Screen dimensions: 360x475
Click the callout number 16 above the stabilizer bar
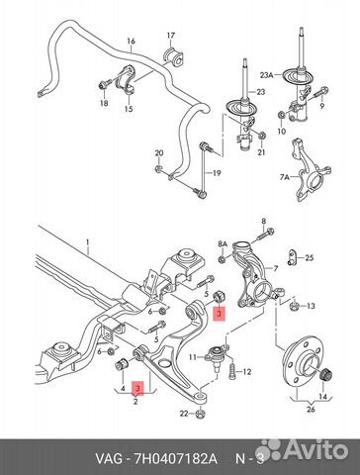coord(131,42)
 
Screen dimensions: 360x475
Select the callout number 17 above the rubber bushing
coord(171,36)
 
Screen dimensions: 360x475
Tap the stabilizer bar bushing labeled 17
coord(174,56)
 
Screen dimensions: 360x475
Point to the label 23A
coord(266,75)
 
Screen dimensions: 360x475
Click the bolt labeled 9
coord(320,92)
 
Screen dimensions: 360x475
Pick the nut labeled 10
coord(282,115)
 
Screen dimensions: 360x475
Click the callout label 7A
coord(284,178)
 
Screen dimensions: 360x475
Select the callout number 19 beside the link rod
coord(217,173)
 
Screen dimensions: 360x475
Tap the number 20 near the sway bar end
coord(159,153)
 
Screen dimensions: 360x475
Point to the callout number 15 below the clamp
coord(129,109)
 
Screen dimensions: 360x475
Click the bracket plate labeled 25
coord(292,257)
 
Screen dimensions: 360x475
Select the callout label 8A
coord(223,244)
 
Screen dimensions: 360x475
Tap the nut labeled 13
coord(294,307)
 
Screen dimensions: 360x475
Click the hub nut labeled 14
coord(326,375)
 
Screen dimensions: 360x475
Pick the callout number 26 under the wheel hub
coord(311,410)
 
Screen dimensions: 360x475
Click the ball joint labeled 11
coord(217,357)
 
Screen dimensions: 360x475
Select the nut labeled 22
coord(201,414)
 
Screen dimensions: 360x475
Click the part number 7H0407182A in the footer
coord(175,459)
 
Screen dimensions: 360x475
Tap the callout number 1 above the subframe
coord(87,242)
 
